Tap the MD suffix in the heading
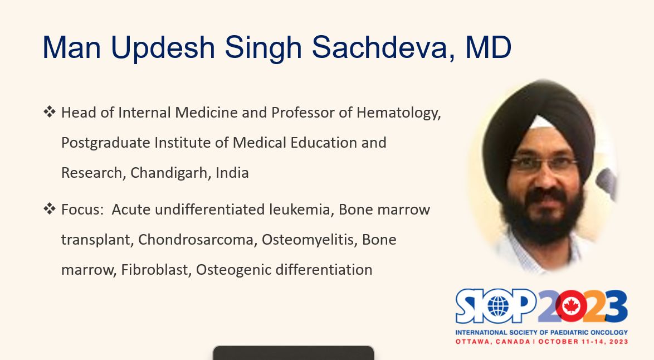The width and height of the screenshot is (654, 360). tap(488, 47)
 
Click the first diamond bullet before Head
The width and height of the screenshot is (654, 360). tap(49, 112)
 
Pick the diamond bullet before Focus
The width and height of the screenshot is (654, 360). tap(49, 208)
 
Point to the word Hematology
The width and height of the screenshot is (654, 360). tap(399, 113)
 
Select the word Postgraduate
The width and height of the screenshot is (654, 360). tap(105, 143)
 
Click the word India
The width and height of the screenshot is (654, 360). tap(232, 173)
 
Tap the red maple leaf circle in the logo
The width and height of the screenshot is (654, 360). tap(570, 307)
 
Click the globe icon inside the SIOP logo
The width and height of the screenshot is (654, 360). tap(499, 307)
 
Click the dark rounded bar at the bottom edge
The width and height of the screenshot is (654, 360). tap(294, 353)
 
